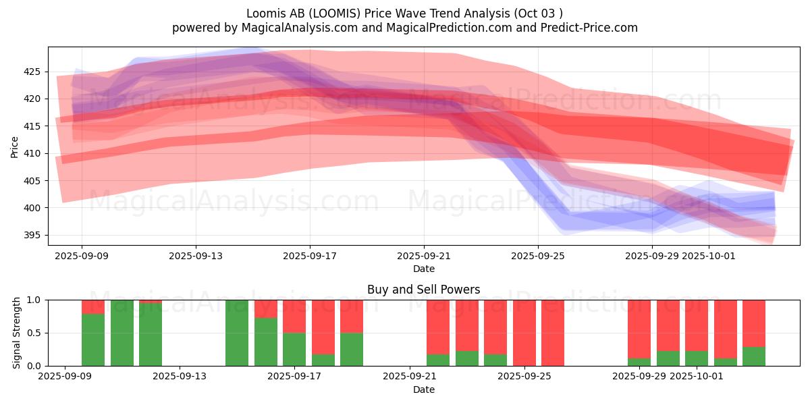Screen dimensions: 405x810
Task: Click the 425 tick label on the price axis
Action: [x=32, y=72]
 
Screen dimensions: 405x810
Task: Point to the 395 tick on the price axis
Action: [x=32, y=235]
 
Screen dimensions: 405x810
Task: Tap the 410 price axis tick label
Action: [x=32, y=153]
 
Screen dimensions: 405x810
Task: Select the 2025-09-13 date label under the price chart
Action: [x=196, y=256]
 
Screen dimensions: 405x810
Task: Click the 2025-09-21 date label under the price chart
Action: [x=424, y=256]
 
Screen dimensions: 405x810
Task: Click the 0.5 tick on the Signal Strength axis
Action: [x=34, y=333]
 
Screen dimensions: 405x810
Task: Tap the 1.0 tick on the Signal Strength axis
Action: [x=34, y=300]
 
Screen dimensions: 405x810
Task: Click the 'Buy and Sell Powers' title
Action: [x=423, y=290]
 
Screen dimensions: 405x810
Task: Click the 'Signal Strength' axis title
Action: [x=17, y=333]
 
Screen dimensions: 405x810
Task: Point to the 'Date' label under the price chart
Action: [x=423, y=269]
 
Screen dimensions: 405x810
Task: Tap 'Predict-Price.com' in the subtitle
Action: [x=592, y=28]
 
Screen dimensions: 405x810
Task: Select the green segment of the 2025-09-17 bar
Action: [x=294, y=349]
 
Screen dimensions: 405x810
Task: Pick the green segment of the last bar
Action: [x=754, y=356]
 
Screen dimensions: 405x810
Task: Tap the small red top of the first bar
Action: [x=93, y=306]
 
